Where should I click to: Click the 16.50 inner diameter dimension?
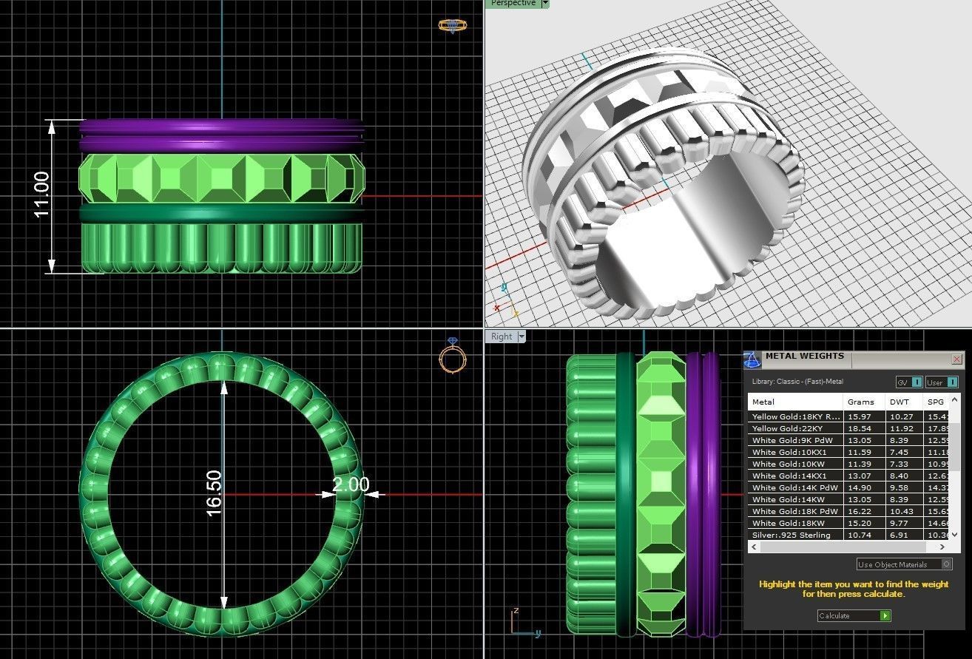coord(214,493)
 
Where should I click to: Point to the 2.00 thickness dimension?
coord(350,484)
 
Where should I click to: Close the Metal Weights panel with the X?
coord(956,359)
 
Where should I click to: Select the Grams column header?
coord(860,402)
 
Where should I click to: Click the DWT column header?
coord(899,402)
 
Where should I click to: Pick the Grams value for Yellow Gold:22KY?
coord(860,428)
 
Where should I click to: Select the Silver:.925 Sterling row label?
coord(791,535)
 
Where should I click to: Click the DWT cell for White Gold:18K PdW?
coord(901,511)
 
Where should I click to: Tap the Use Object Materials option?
coord(903,564)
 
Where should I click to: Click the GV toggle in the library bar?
coord(908,382)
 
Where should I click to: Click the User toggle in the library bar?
coord(941,382)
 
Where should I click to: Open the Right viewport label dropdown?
coord(522,337)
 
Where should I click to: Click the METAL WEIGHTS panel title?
coord(804,356)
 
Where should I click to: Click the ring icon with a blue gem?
coord(452,356)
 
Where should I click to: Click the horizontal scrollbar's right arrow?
coord(942,547)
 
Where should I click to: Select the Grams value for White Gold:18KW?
coord(860,523)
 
